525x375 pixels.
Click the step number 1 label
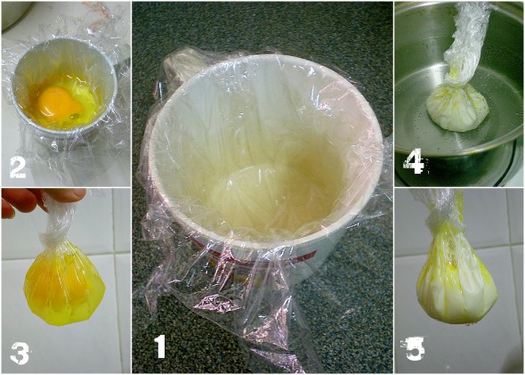(x=161, y=346)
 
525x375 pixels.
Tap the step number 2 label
(x=18, y=167)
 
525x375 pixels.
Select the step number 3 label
(x=20, y=354)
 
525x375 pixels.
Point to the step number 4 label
(x=414, y=162)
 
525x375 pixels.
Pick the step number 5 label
(x=413, y=348)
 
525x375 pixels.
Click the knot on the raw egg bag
(x=52, y=237)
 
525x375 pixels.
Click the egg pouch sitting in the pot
(x=456, y=107)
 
